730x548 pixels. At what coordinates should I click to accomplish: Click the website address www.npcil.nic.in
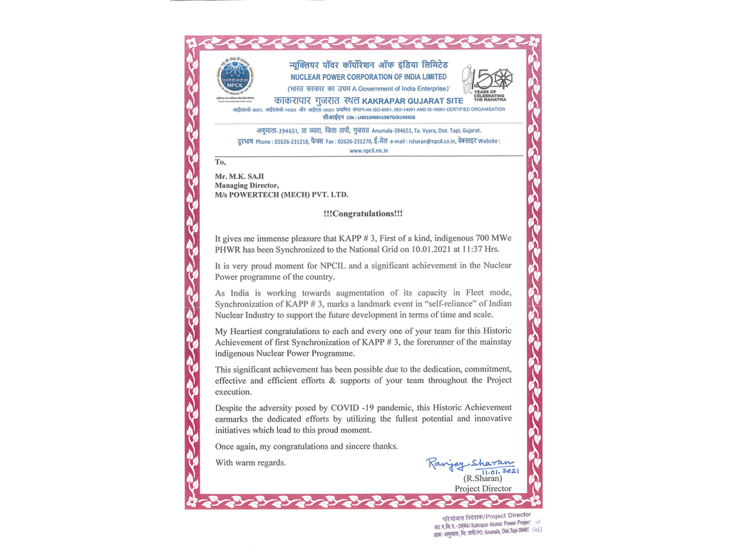pyautogui.click(x=368, y=151)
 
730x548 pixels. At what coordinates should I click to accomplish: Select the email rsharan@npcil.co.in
pyautogui.click(x=436, y=141)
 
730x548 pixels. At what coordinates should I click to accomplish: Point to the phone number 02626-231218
pyautogui.click(x=290, y=141)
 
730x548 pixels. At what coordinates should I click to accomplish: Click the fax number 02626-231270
pyautogui.click(x=359, y=141)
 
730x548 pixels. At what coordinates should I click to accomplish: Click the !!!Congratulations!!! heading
pyautogui.click(x=363, y=213)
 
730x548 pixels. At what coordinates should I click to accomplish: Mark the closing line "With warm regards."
pyautogui.click(x=251, y=462)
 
